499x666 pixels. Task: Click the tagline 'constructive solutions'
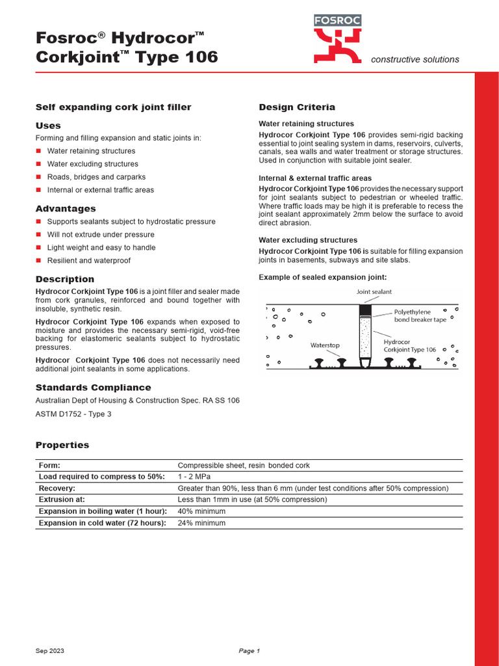click(415, 60)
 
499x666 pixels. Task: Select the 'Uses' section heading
click(48, 126)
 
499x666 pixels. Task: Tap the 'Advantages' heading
click(65, 209)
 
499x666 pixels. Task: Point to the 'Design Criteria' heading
click(297, 107)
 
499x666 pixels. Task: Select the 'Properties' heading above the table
click(62, 446)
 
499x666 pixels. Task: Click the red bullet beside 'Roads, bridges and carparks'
click(38, 177)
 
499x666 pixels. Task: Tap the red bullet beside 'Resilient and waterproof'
click(38, 261)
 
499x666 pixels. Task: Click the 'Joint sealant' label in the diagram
click(374, 292)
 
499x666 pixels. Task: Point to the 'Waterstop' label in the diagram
click(325, 345)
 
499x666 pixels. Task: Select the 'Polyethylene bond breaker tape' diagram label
click(420, 316)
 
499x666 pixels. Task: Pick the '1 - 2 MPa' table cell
click(192, 476)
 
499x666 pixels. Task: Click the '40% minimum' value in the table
click(201, 511)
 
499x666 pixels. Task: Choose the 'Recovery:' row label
click(57, 488)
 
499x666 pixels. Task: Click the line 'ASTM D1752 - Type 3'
click(73, 414)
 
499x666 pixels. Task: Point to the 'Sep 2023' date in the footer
click(49, 651)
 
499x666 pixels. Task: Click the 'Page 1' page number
click(249, 651)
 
